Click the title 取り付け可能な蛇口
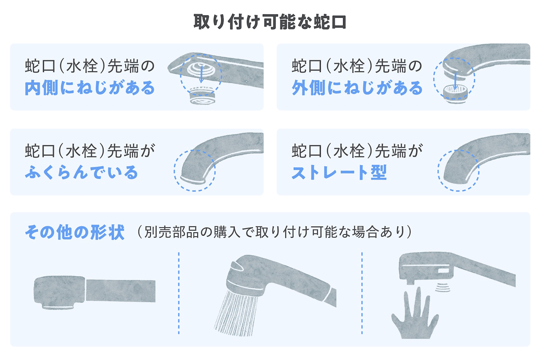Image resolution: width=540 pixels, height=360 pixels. pos(270,22)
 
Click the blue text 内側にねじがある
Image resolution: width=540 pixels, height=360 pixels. pos(90,88)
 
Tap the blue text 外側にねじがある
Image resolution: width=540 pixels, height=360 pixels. pos(357,88)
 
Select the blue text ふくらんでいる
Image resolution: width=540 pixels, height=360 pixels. pos(81,172)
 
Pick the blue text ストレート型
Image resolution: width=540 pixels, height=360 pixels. pos(339,172)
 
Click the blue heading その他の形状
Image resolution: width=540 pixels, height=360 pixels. pos(75,233)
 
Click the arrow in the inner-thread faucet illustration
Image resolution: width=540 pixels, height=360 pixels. pos(201,75)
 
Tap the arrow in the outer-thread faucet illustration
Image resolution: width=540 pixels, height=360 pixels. pos(456,80)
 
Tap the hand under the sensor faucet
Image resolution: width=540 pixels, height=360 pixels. pos(414,315)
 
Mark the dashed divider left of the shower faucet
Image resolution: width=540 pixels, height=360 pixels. pos(179,292)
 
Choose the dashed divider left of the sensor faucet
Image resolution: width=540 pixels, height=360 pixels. pos(362,292)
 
